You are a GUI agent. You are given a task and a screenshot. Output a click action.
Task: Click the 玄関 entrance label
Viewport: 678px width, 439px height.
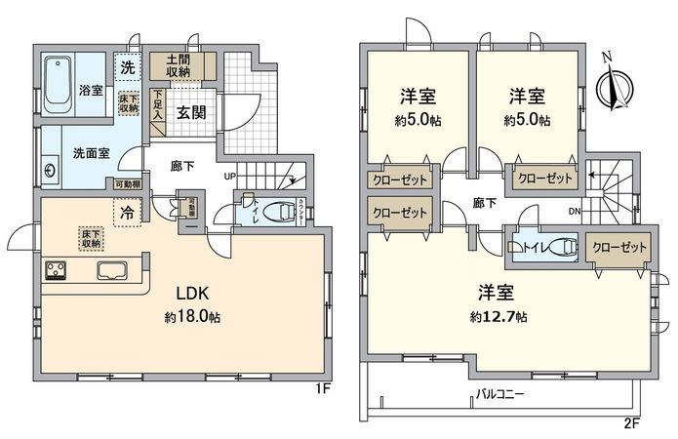189,110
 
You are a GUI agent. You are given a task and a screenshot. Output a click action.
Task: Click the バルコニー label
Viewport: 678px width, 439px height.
499,396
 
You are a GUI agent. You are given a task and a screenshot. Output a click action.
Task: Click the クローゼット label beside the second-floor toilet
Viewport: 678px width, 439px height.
619,249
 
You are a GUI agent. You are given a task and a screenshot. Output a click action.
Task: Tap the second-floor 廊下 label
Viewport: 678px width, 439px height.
483,204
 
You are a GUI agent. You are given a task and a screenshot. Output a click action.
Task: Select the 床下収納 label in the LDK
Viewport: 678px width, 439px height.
89,237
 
